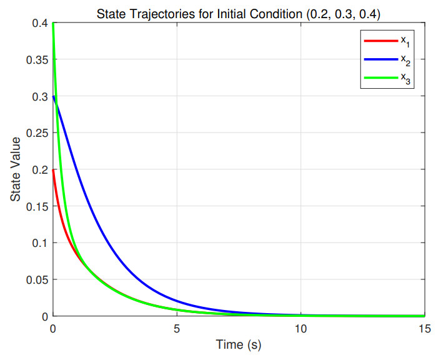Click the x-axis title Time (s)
(239, 344)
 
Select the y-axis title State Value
(14, 169)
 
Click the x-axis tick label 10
(300, 329)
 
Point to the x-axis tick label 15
(424, 329)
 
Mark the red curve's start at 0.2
(54, 170)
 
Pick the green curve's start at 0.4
(54, 24)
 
